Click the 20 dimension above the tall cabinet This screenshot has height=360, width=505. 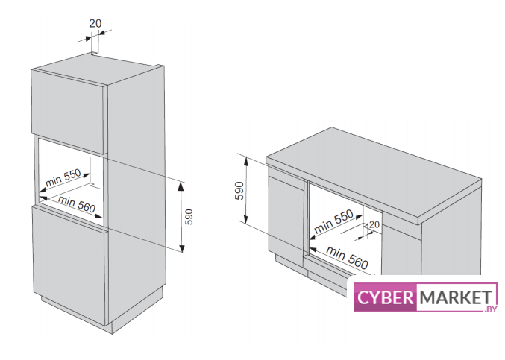[95, 23]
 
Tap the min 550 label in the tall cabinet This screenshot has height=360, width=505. [63, 180]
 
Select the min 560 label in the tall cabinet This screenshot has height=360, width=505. [77, 203]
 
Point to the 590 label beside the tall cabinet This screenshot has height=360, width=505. [189, 216]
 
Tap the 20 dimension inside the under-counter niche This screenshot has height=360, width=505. [374, 224]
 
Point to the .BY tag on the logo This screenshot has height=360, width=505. [490, 309]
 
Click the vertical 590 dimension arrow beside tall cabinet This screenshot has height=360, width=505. [183, 216]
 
